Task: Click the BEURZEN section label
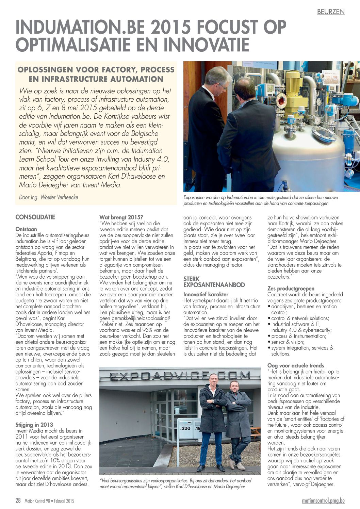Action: tap(330, 12)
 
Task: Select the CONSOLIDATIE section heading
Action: tap(35, 217)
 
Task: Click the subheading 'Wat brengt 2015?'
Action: tap(121, 217)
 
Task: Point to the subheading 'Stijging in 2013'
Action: tap(34, 425)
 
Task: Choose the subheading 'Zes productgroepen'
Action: tap(291, 289)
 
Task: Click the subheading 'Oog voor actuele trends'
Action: tap(296, 365)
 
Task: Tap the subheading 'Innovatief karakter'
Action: tap(206, 294)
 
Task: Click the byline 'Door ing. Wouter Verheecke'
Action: tap(49, 197)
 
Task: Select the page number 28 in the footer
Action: tap(18, 500)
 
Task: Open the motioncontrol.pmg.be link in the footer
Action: tap(323, 500)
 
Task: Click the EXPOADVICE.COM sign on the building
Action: tap(180, 376)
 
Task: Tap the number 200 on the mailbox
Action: tap(186, 428)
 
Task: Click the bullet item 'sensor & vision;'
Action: tap(288, 342)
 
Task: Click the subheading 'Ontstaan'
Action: tap(26, 229)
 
